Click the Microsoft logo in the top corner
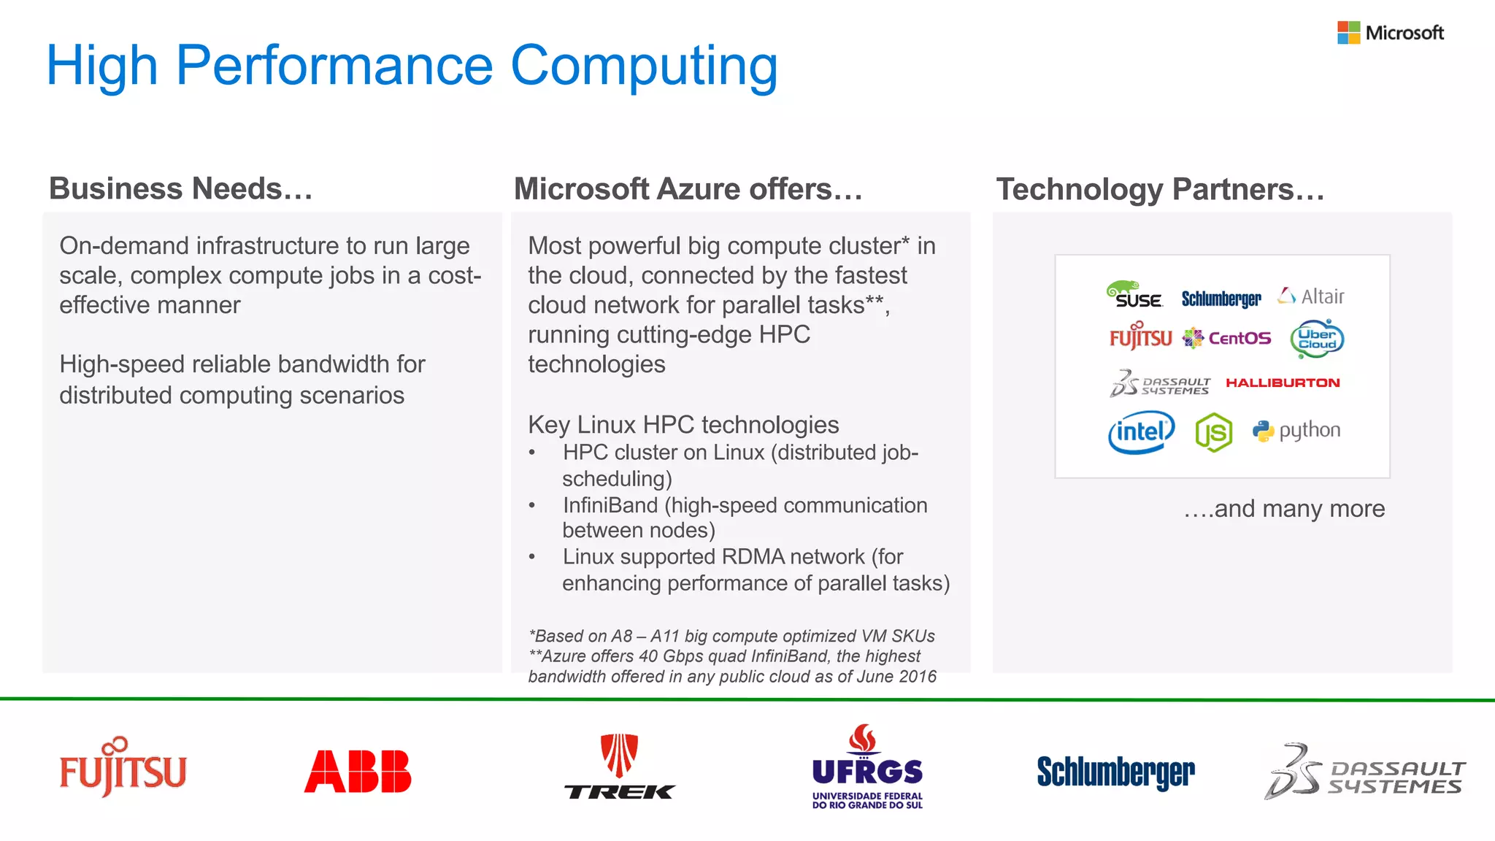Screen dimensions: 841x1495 point(1390,33)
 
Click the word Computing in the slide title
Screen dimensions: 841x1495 point(644,66)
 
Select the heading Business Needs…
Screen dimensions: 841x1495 point(180,188)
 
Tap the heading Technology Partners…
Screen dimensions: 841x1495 point(1160,189)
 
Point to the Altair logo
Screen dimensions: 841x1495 point(1311,296)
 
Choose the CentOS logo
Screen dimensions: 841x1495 point(1227,338)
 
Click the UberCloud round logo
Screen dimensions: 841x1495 point(1317,339)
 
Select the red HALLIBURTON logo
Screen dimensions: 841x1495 point(1283,383)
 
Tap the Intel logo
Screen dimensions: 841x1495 point(1141,431)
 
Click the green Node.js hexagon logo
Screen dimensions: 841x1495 point(1214,432)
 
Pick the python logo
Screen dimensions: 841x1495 point(1296,431)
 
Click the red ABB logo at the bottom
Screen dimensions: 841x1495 point(358,772)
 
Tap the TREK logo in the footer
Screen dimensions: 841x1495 point(620,767)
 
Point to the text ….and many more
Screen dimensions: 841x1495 point(1284,508)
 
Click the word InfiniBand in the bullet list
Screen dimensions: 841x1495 point(610,505)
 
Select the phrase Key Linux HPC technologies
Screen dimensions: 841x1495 point(683,424)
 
